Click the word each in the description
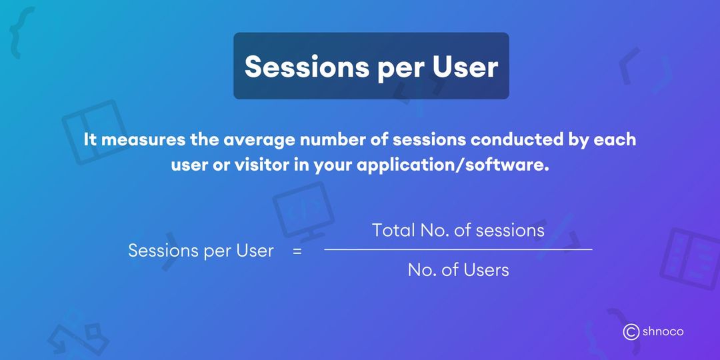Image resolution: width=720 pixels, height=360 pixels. (617, 140)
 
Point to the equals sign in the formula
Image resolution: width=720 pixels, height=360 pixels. (297, 251)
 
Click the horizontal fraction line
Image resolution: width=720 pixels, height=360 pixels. (458, 249)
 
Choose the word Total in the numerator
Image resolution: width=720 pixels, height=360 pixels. (393, 231)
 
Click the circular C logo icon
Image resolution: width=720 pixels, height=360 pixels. (631, 332)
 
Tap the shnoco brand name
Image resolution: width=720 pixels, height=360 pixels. (663, 331)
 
